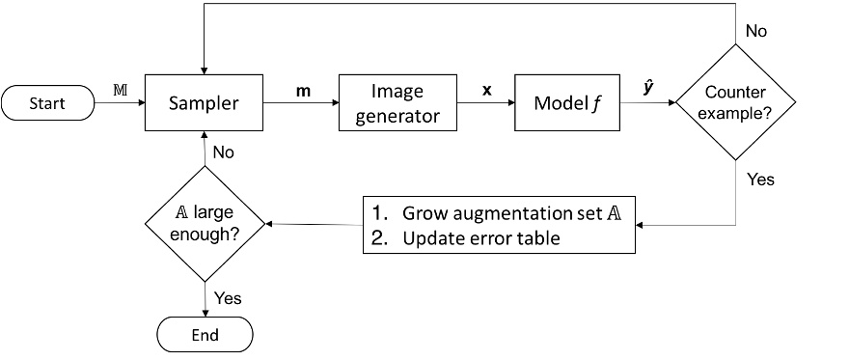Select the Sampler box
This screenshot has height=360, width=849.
point(205,101)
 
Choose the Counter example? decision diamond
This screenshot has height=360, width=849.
point(736,101)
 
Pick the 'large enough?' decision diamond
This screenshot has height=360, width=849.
point(205,224)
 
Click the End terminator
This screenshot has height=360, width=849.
point(205,335)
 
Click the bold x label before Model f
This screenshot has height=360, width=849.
point(486,90)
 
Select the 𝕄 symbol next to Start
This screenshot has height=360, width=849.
point(120,89)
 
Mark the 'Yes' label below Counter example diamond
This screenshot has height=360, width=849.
point(760,180)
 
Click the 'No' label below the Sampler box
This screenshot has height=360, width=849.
point(224,152)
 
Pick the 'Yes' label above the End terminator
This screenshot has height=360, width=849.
point(228,298)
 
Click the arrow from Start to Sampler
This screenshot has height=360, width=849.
point(121,101)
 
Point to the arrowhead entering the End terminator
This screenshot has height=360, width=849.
point(205,312)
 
